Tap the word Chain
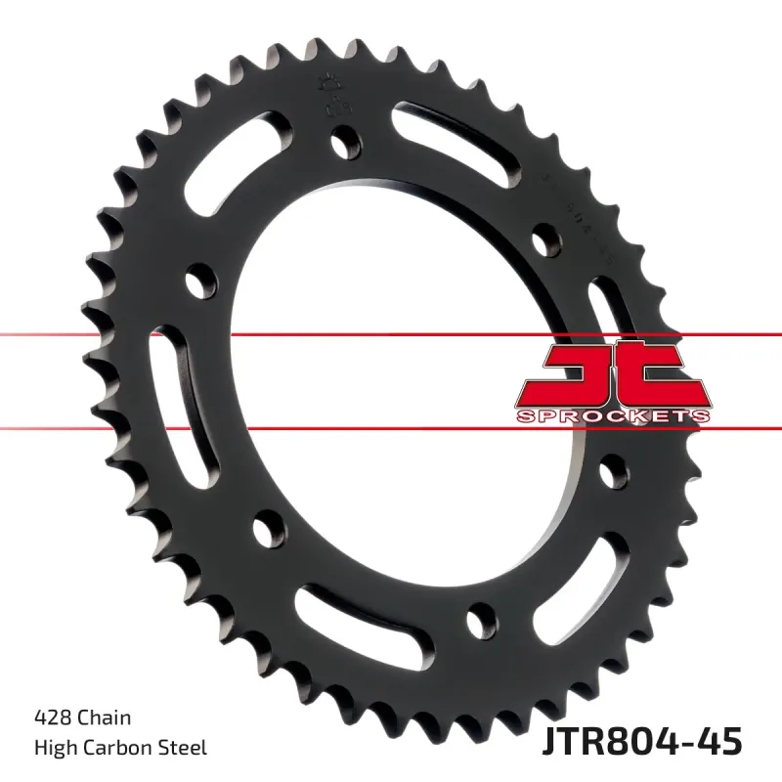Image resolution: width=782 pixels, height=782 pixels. tap(105, 718)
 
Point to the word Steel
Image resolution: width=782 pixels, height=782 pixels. tap(183, 749)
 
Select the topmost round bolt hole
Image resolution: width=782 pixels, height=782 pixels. tap(343, 144)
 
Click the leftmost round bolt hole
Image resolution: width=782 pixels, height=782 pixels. tap(203, 279)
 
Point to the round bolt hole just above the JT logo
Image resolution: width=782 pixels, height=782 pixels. tap(544, 238)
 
